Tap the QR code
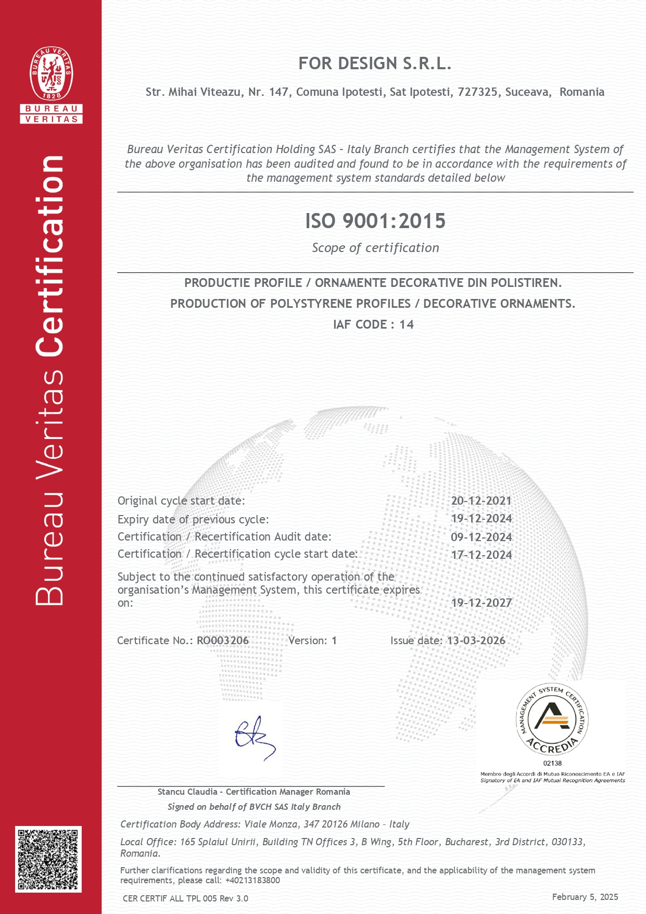48,859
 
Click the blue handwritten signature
254,738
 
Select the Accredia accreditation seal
552,719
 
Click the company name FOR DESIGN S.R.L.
375,64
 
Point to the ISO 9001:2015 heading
375,221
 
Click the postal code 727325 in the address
477,92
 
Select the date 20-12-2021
481,500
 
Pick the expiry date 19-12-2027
482,603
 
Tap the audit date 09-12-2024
482,537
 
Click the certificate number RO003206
223,641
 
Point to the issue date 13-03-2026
476,641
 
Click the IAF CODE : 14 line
373,324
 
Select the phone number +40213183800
252,880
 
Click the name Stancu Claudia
187,792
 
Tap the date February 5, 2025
585,897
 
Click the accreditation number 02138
552,763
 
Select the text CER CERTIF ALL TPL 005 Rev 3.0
185,898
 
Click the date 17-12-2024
482,555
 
